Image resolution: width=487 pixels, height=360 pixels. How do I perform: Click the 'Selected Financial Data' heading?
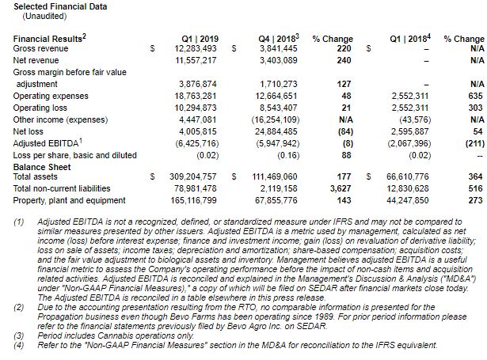pos(60,6)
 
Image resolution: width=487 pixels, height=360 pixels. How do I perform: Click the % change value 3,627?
pos(340,189)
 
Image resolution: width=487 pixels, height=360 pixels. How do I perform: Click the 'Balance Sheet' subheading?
pos(43,168)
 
